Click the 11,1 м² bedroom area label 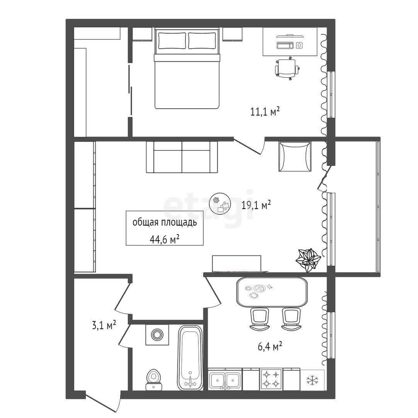click(265, 111)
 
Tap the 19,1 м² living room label click(256, 205)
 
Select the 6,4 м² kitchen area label click(270, 347)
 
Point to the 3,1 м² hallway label click(104, 325)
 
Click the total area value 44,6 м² click(164, 240)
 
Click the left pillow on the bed click(172, 41)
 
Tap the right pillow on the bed click(202, 41)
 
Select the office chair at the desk click(287, 68)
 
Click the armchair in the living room click(295, 156)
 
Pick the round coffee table click(220, 203)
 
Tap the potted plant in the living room click(308, 260)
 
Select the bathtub click(190, 358)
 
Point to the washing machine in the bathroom click(157, 335)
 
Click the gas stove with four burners click(271, 379)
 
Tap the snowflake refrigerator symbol click(312, 380)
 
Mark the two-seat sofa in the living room click(182, 157)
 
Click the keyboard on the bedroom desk click(285, 45)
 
